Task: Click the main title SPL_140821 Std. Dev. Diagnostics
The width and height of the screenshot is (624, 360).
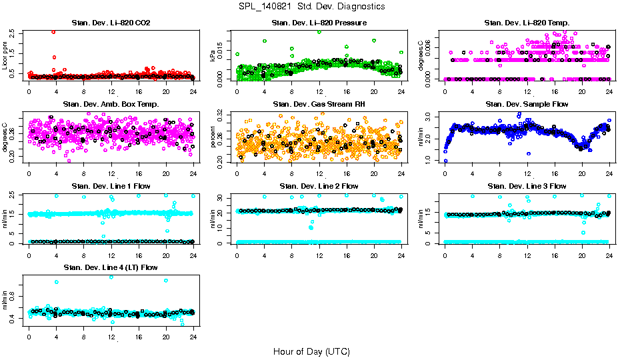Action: (311, 7)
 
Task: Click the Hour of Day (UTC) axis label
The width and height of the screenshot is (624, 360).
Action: (311, 351)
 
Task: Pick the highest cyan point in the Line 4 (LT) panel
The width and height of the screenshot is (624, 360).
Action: (111, 277)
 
